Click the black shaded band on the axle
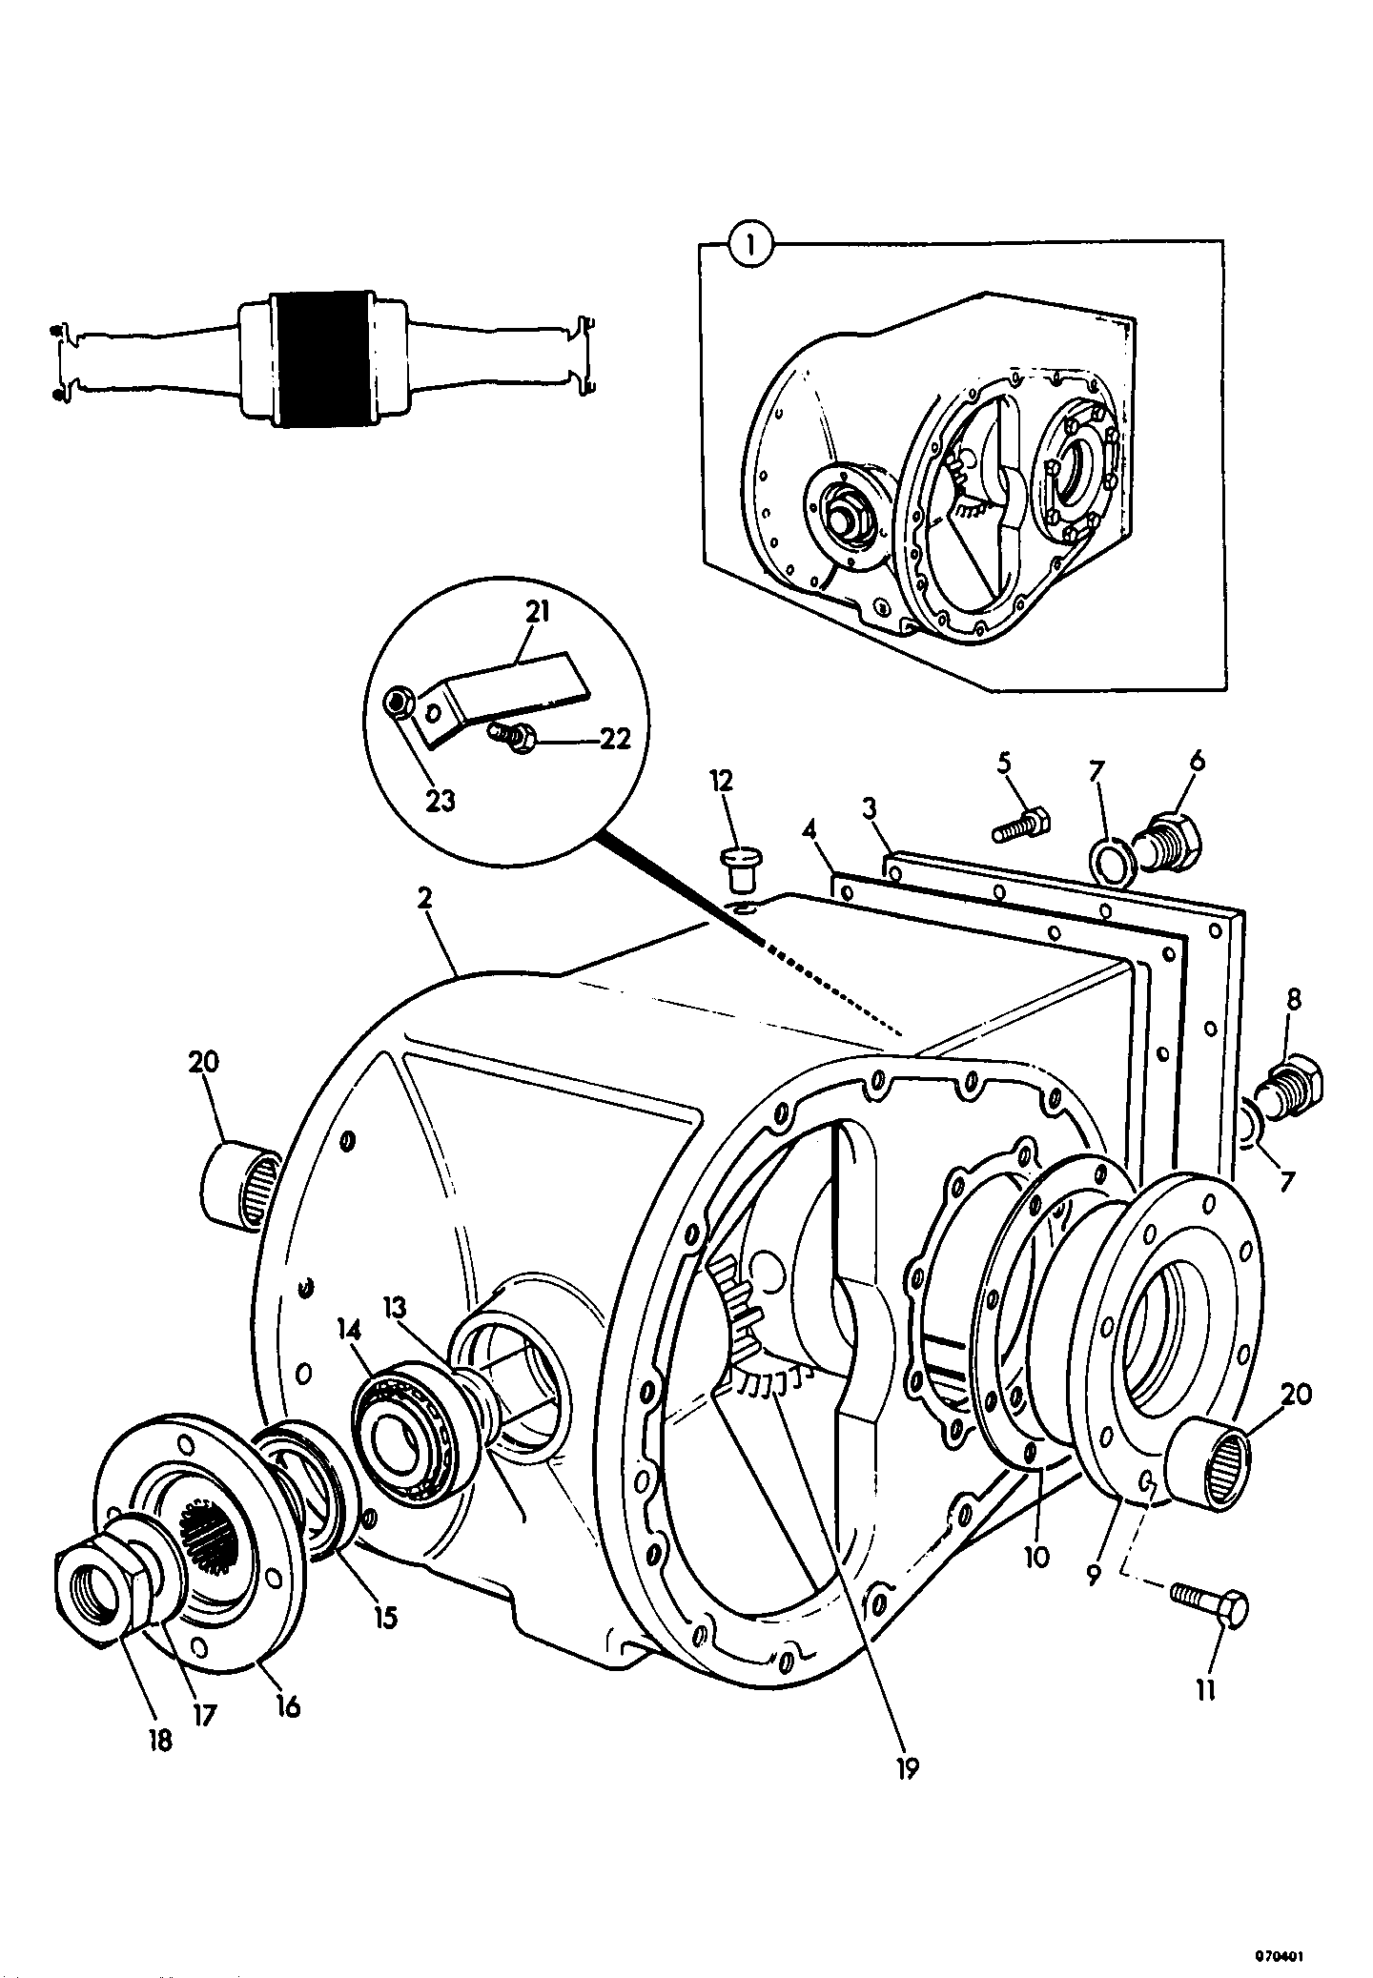click(319, 359)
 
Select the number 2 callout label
click(424, 899)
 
